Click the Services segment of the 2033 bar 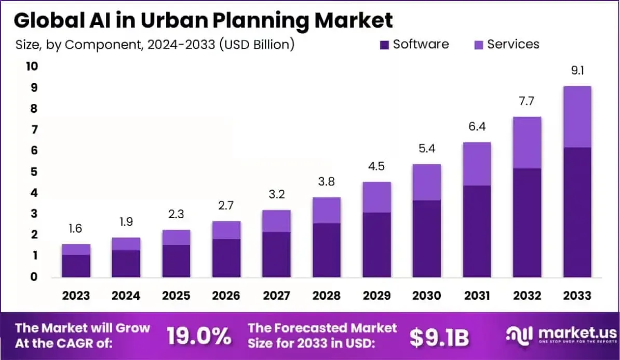(577, 117)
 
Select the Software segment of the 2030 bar (426, 238)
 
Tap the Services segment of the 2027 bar (276, 221)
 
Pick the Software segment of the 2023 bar (76, 265)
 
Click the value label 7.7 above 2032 (527, 101)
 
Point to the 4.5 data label (376, 167)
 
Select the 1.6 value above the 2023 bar (76, 229)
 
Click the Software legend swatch (384, 45)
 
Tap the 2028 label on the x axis (326, 296)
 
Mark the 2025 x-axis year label (176, 296)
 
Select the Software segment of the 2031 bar (477, 231)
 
